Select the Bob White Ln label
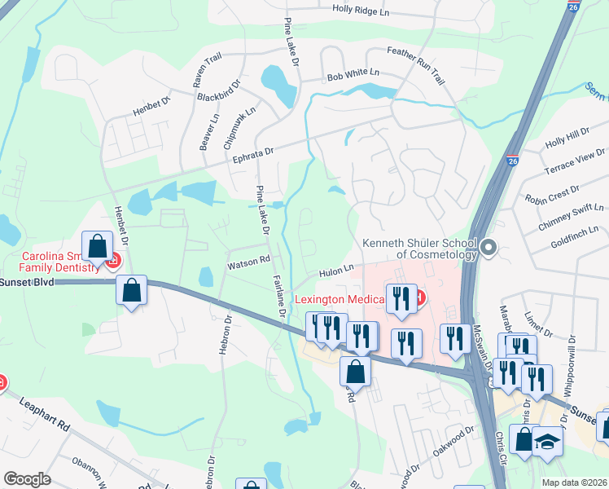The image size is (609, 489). click(353, 73)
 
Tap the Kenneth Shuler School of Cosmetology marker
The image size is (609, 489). click(489, 247)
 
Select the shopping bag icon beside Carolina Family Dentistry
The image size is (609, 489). click(97, 247)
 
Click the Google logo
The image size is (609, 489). click(27, 479)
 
